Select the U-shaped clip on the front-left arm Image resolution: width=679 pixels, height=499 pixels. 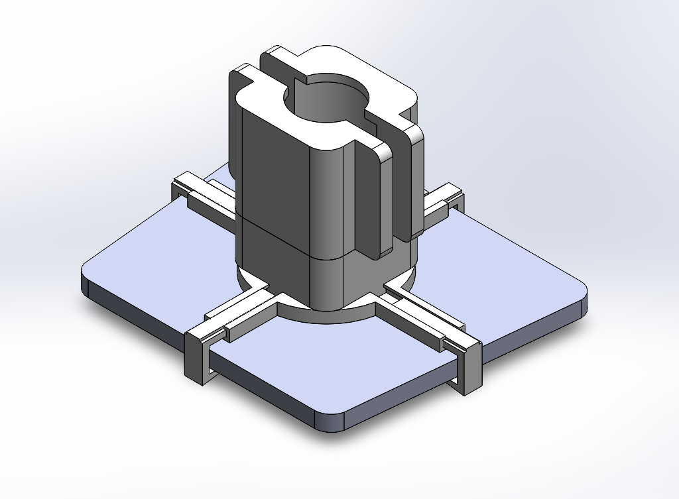tap(198, 355)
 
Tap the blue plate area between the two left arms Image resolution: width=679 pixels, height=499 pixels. tap(166, 252)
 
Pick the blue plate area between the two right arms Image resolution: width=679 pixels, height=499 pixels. tap(504, 265)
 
